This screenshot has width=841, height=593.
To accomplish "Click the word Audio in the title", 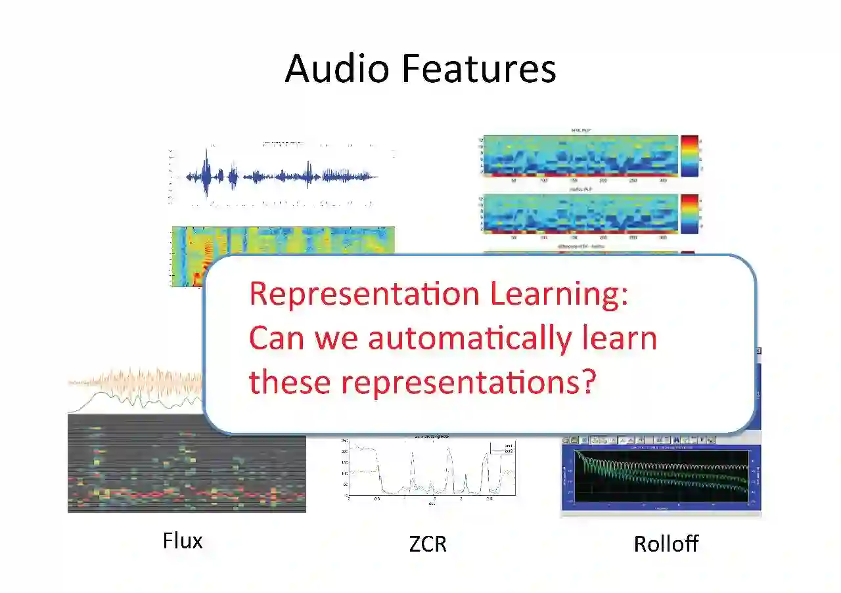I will [x=336, y=68].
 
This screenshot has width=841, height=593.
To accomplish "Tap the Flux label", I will [x=183, y=541].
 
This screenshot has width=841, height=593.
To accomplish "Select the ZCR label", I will [x=428, y=544].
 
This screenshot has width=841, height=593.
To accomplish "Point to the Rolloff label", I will [x=666, y=544].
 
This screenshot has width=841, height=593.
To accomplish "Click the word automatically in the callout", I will [x=469, y=338].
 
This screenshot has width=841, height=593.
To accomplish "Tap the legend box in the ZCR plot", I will [x=503, y=449].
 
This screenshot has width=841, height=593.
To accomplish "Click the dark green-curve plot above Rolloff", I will [x=660, y=479].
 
